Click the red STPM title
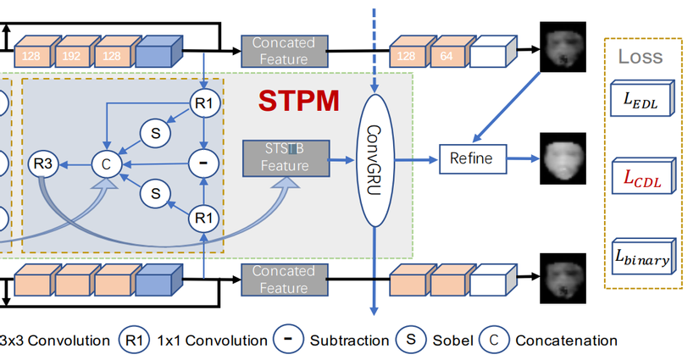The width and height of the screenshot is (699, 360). pos(299,101)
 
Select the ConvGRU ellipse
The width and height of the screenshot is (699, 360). pos(374,159)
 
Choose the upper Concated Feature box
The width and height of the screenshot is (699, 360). pos(283,50)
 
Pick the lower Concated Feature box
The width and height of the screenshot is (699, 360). pos(283,280)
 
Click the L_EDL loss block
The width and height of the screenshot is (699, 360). pos(641,98)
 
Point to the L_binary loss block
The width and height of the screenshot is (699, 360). pos(641,256)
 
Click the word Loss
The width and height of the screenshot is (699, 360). pos(641,57)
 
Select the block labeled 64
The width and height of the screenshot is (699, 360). pos(448,55)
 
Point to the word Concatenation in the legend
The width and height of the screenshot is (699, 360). pos(566,341)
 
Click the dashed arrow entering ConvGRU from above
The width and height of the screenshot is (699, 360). pos(374,42)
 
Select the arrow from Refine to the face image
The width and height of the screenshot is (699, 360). pos(517,158)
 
